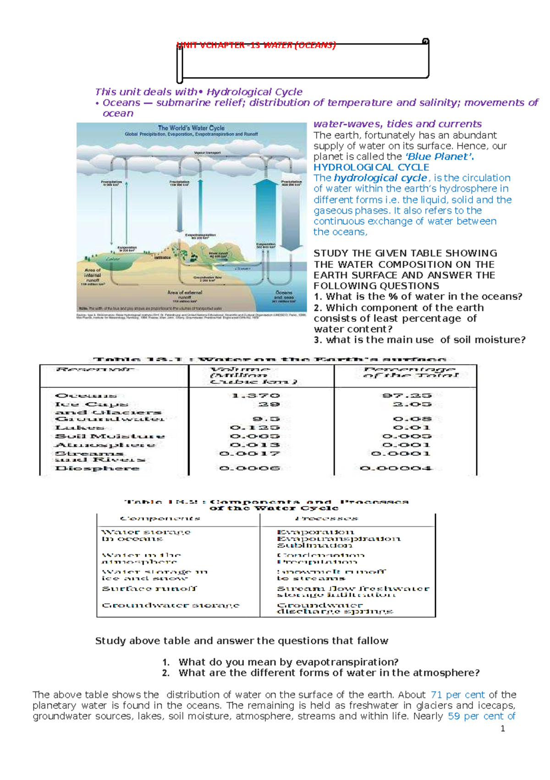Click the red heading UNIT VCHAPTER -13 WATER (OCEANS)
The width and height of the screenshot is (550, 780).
(x=256, y=45)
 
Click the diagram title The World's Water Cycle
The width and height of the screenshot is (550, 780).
(x=191, y=128)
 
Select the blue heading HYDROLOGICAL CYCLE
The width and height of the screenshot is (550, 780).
(x=371, y=167)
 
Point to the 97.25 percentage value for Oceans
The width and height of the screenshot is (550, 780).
(x=407, y=395)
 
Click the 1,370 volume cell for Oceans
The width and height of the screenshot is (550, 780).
(x=256, y=395)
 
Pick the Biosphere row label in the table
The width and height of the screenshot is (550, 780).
(x=97, y=468)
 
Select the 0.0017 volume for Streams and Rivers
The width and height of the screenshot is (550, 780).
(x=249, y=454)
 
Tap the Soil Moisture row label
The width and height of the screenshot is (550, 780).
(x=110, y=436)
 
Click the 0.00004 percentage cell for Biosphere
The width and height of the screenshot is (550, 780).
(x=396, y=468)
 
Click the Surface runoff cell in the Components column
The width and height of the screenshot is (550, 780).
(x=149, y=588)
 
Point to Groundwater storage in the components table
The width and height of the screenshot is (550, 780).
(x=170, y=605)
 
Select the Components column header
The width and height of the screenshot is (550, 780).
(x=160, y=519)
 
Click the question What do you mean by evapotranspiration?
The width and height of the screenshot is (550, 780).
(x=288, y=662)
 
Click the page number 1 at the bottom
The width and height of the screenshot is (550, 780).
(x=503, y=729)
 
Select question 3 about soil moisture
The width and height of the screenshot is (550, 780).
(x=419, y=340)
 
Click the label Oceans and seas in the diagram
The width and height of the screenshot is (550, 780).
(x=284, y=295)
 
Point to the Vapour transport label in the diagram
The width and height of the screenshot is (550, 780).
(x=207, y=153)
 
